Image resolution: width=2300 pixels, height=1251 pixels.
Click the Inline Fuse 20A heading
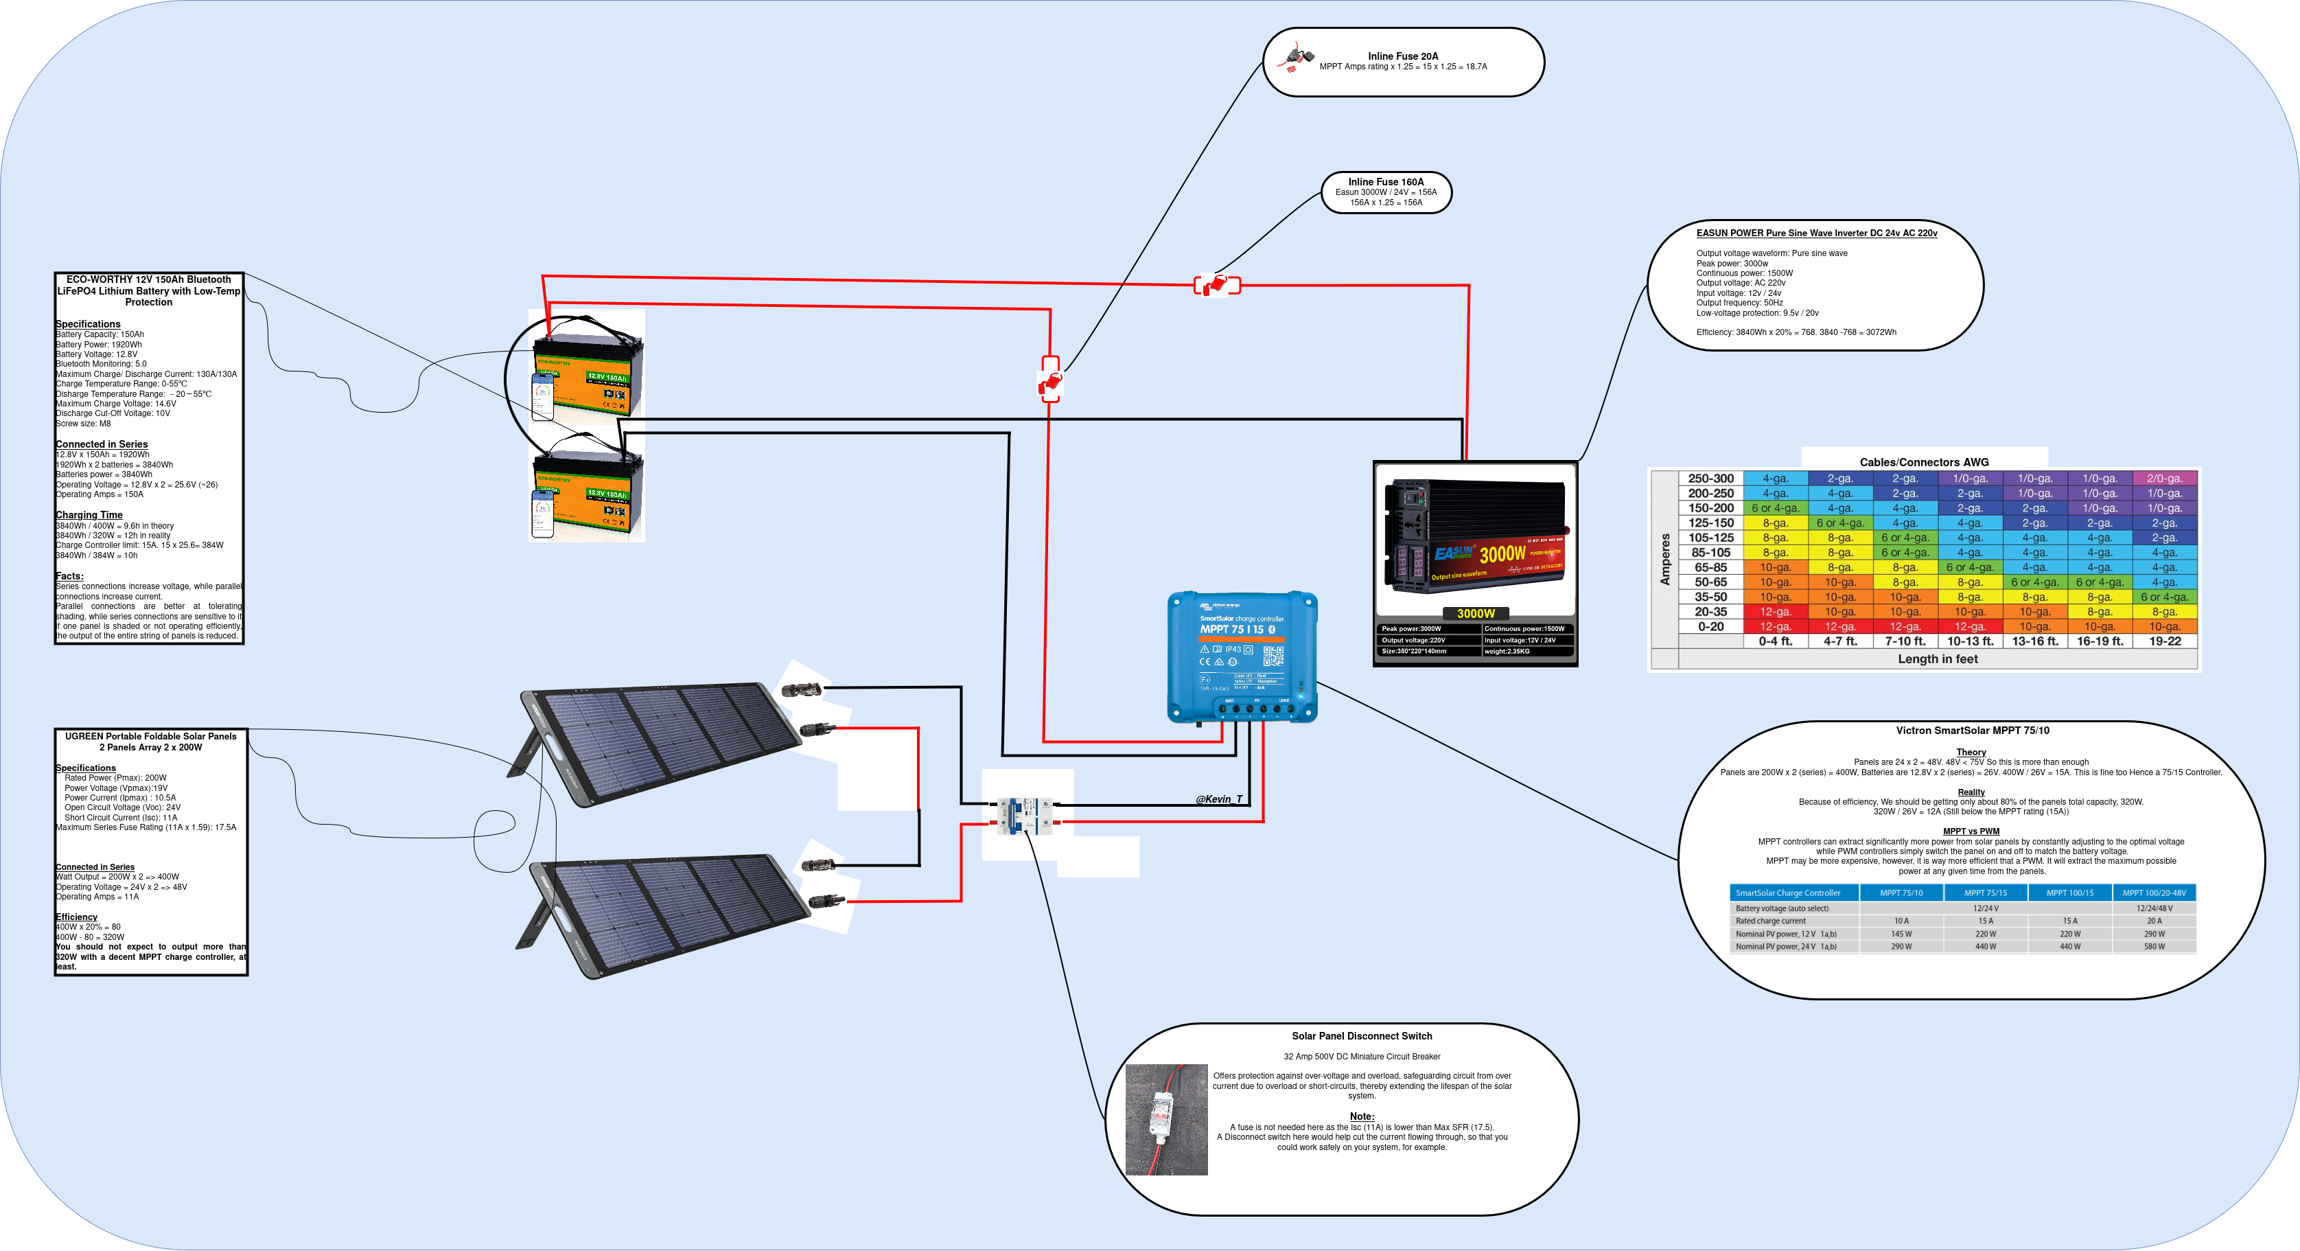(x=1403, y=56)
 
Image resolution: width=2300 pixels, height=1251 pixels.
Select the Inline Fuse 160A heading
(x=1386, y=182)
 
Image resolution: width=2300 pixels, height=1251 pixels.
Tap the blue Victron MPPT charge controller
(x=1242, y=656)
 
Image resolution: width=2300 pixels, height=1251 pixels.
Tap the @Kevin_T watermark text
(x=1219, y=799)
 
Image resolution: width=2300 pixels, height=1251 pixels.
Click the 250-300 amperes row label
(x=1710, y=479)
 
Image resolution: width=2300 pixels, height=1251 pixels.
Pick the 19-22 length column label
(x=2164, y=641)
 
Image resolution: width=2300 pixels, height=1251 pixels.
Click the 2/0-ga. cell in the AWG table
(x=2164, y=479)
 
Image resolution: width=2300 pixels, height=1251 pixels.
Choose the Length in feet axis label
(x=1938, y=659)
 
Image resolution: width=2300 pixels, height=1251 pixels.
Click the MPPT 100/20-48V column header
(x=2154, y=893)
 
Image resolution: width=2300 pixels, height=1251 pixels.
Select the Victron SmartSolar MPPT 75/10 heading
(x=1971, y=731)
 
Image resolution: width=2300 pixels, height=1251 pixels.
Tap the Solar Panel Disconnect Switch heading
(x=1362, y=1036)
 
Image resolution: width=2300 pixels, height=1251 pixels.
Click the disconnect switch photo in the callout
(x=1166, y=1119)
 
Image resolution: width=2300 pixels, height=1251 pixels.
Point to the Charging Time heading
(x=89, y=515)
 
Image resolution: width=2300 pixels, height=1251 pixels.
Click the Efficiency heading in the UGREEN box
(x=76, y=917)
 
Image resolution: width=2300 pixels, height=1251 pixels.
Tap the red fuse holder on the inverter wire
(x=1217, y=285)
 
